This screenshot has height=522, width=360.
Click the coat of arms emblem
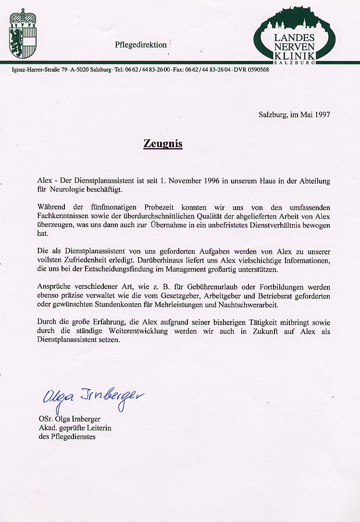point(23,33)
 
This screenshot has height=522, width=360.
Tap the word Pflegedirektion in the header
point(141,45)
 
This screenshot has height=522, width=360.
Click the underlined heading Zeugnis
point(163,144)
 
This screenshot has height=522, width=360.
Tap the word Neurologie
point(67,190)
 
